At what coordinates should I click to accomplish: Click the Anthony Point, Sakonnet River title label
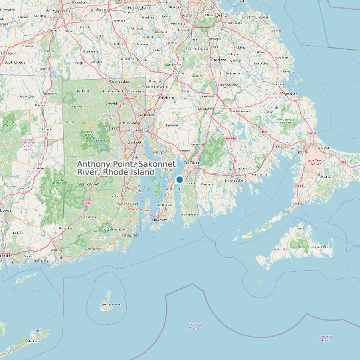click(116, 168)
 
